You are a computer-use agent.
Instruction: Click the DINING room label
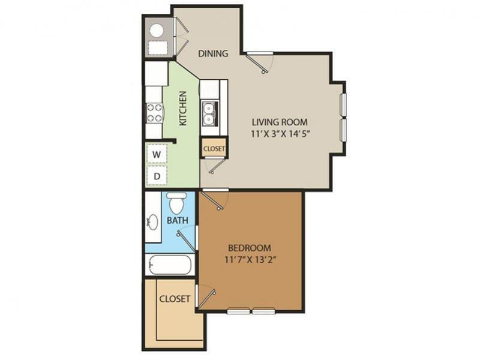[x=214, y=53]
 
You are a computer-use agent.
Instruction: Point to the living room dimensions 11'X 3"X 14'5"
[x=281, y=134]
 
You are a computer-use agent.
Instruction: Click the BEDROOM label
[x=250, y=247]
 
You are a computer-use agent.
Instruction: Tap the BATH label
[x=178, y=220]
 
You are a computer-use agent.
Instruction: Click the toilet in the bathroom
[x=176, y=203]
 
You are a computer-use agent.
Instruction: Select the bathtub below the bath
[x=169, y=265]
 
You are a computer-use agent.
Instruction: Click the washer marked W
[x=157, y=154]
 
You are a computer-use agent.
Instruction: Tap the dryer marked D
[x=157, y=176]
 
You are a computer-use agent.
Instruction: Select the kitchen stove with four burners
[x=154, y=112]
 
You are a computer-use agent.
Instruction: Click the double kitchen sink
[x=209, y=113]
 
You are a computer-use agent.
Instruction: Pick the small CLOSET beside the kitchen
[x=214, y=148]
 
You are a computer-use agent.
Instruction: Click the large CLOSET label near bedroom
[x=175, y=299]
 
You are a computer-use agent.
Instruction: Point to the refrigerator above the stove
[x=156, y=75]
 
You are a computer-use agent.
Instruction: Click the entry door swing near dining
[x=260, y=61]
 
